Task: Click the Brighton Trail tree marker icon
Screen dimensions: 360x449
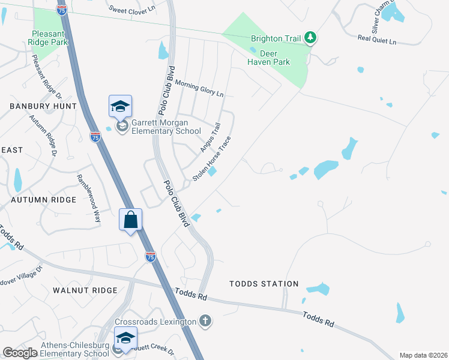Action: (x=310, y=38)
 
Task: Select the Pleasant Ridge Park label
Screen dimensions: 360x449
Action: (x=48, y=38)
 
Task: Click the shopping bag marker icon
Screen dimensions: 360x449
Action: (x=131, y=220)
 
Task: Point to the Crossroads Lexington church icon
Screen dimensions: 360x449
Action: (x=205, y=322)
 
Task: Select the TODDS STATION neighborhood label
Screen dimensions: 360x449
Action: (x=264, y=284)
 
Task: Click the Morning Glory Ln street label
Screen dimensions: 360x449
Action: (x=199, y=90)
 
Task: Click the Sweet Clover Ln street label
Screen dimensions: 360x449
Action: (x=133, y=8)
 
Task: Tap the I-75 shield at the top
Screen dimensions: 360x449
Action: (x=61, y=9)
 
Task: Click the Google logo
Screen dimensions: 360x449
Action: (x=20, y=353)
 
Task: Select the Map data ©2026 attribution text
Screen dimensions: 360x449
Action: (x=423, y=355)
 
